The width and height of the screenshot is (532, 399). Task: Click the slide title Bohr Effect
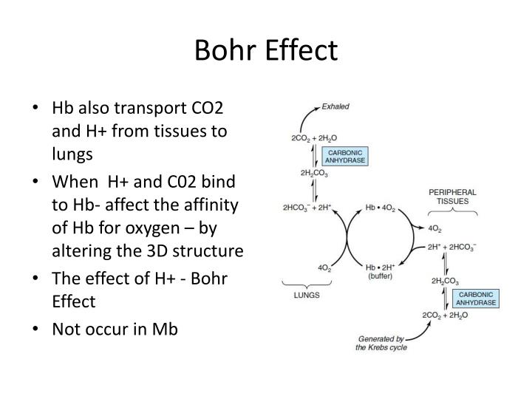(266, 50)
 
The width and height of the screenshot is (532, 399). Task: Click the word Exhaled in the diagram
(335, 106)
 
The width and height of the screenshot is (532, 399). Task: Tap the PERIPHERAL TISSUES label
(453, 197)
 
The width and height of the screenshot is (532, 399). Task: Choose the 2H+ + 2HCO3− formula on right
(454, 247)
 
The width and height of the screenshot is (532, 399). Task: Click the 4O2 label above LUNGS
(303, 267)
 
